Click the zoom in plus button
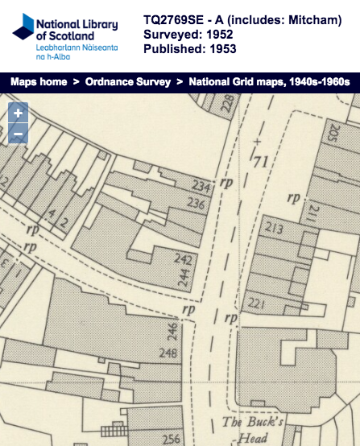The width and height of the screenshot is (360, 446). tap(18, 114)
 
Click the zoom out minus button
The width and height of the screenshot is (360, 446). tap(18, 134)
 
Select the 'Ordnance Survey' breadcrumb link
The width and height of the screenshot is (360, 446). tap(123, 81)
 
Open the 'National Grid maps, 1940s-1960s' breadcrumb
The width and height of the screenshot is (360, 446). tap(271, 81)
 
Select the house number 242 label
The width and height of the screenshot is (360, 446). tap(184, 259)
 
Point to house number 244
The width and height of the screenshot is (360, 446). tap(184, 279)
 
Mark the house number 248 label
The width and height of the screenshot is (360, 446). tap(169, 353)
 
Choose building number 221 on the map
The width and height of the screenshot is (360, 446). tap(257, 304)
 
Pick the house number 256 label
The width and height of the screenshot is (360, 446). tap(171, 439)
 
